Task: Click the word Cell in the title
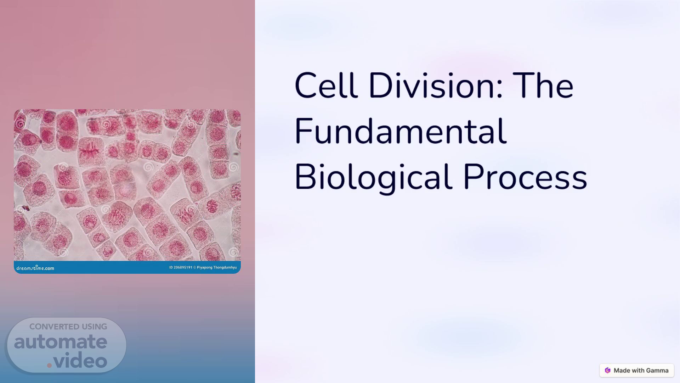(325, 85)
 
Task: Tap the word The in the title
(543, 85)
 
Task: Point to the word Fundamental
(401, 131)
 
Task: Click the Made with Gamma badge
(636, 370)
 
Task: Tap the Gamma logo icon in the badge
(608, 370)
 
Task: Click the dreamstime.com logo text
(35, 268)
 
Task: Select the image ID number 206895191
(183, 267)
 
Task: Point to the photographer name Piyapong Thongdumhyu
(217, 267)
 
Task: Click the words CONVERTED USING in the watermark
(68, 327)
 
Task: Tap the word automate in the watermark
(61, 342)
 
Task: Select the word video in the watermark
(81, 361)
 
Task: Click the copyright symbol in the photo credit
(194, 267)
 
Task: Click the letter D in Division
(380, 85)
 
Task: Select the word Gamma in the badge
(657, 370)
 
